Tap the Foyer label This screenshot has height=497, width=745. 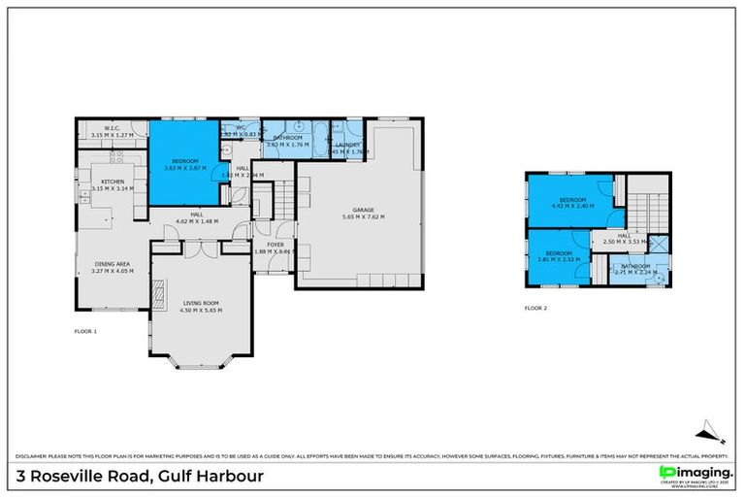pyautogui.click(x=275, y=245)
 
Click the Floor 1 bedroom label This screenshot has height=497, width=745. pyautogui.click(x=184, y=160)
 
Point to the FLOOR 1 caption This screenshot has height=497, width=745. pyautogui.click(x=86, y=332)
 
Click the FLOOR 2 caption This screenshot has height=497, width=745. pyautogui.click(x=535, y=308)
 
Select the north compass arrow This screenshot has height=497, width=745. pyautogui.click(x=708, y=427)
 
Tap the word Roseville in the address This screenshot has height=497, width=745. pyautogui.click(x=80, y=477)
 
